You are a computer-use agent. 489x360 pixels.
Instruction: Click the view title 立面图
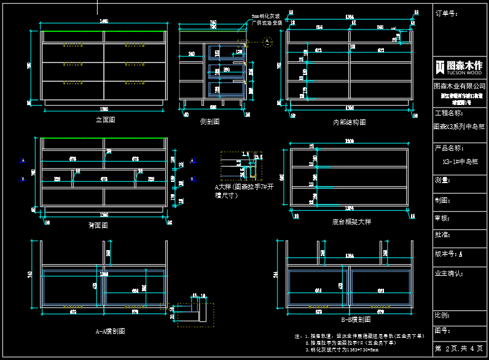pyautogui.click(x=105, y=120)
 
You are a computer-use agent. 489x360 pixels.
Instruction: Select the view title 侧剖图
pyautogui.click(x=210, y=122)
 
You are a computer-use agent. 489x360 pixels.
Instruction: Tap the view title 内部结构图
pyautogui.click(x=349, y=122)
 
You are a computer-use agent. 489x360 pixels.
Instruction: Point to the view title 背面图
pyautogui.click(x=98, y=225)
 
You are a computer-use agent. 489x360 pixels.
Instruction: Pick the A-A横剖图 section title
pyautogui.click(x=111, y=331)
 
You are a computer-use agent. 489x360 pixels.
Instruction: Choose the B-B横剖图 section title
pyautogui.click(x=356, y=319)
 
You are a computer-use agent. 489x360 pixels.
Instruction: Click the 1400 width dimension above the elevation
pyautogui.click(x=104, y=22)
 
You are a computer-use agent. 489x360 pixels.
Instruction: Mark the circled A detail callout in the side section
pyautogui.click(x=267, y=41)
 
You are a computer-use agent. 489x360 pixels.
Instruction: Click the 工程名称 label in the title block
pyautogui.click(x=448, y=114)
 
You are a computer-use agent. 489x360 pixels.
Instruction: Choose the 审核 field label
pyautogui.click(x=443, y=218)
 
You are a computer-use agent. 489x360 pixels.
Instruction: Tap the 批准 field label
pyautogui.click(x=443, y=235)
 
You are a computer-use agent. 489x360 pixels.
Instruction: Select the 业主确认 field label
pyautogui.click(x=448, y=272)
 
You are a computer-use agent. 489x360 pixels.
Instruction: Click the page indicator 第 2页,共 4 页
pyautogui.click(x=460, y=348)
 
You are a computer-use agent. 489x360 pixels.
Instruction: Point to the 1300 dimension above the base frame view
pyautogui.click(x=350, y=142)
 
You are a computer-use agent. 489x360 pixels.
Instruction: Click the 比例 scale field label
pyautogui.click(x=443, y=315)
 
